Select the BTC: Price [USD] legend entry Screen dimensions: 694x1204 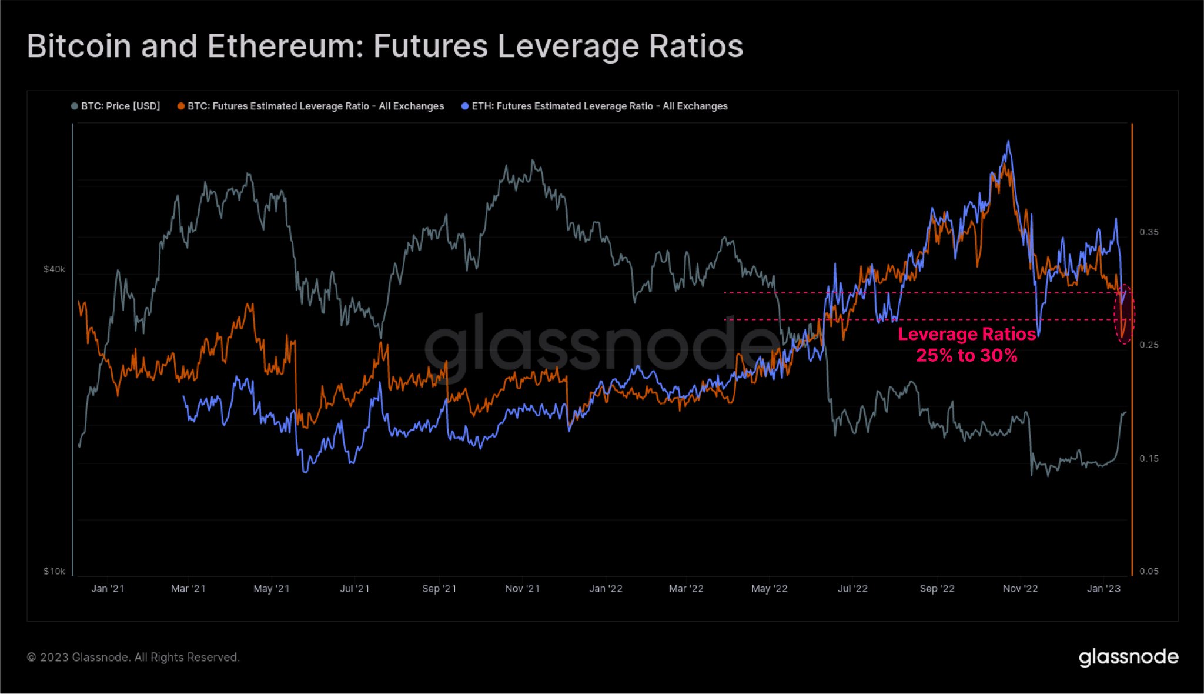(116, 106)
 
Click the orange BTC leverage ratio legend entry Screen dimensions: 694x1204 (311, 106)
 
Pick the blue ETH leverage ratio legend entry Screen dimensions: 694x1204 (595, 106)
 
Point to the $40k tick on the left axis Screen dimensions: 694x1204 (54, 269)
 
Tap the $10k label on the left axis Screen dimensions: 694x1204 (54, 571)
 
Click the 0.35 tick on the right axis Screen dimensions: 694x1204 (1149, 232)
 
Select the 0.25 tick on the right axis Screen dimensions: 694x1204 (1149, 345)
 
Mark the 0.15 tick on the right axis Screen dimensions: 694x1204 (1149, 459)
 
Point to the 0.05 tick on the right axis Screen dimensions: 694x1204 (1149, 571)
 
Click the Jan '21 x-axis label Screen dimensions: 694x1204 (108, 589)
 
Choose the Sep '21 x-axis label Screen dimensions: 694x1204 (439, 589)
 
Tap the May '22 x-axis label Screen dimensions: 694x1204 (769, 589)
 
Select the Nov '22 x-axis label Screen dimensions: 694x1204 (1020, 589)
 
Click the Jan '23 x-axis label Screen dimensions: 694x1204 (1103, 589)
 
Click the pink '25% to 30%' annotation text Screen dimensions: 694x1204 (966, 355)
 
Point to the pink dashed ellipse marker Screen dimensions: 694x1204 (1125, 315)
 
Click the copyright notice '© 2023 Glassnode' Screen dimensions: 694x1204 (133, 657)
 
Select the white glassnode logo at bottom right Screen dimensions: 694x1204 (1128, 657)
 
